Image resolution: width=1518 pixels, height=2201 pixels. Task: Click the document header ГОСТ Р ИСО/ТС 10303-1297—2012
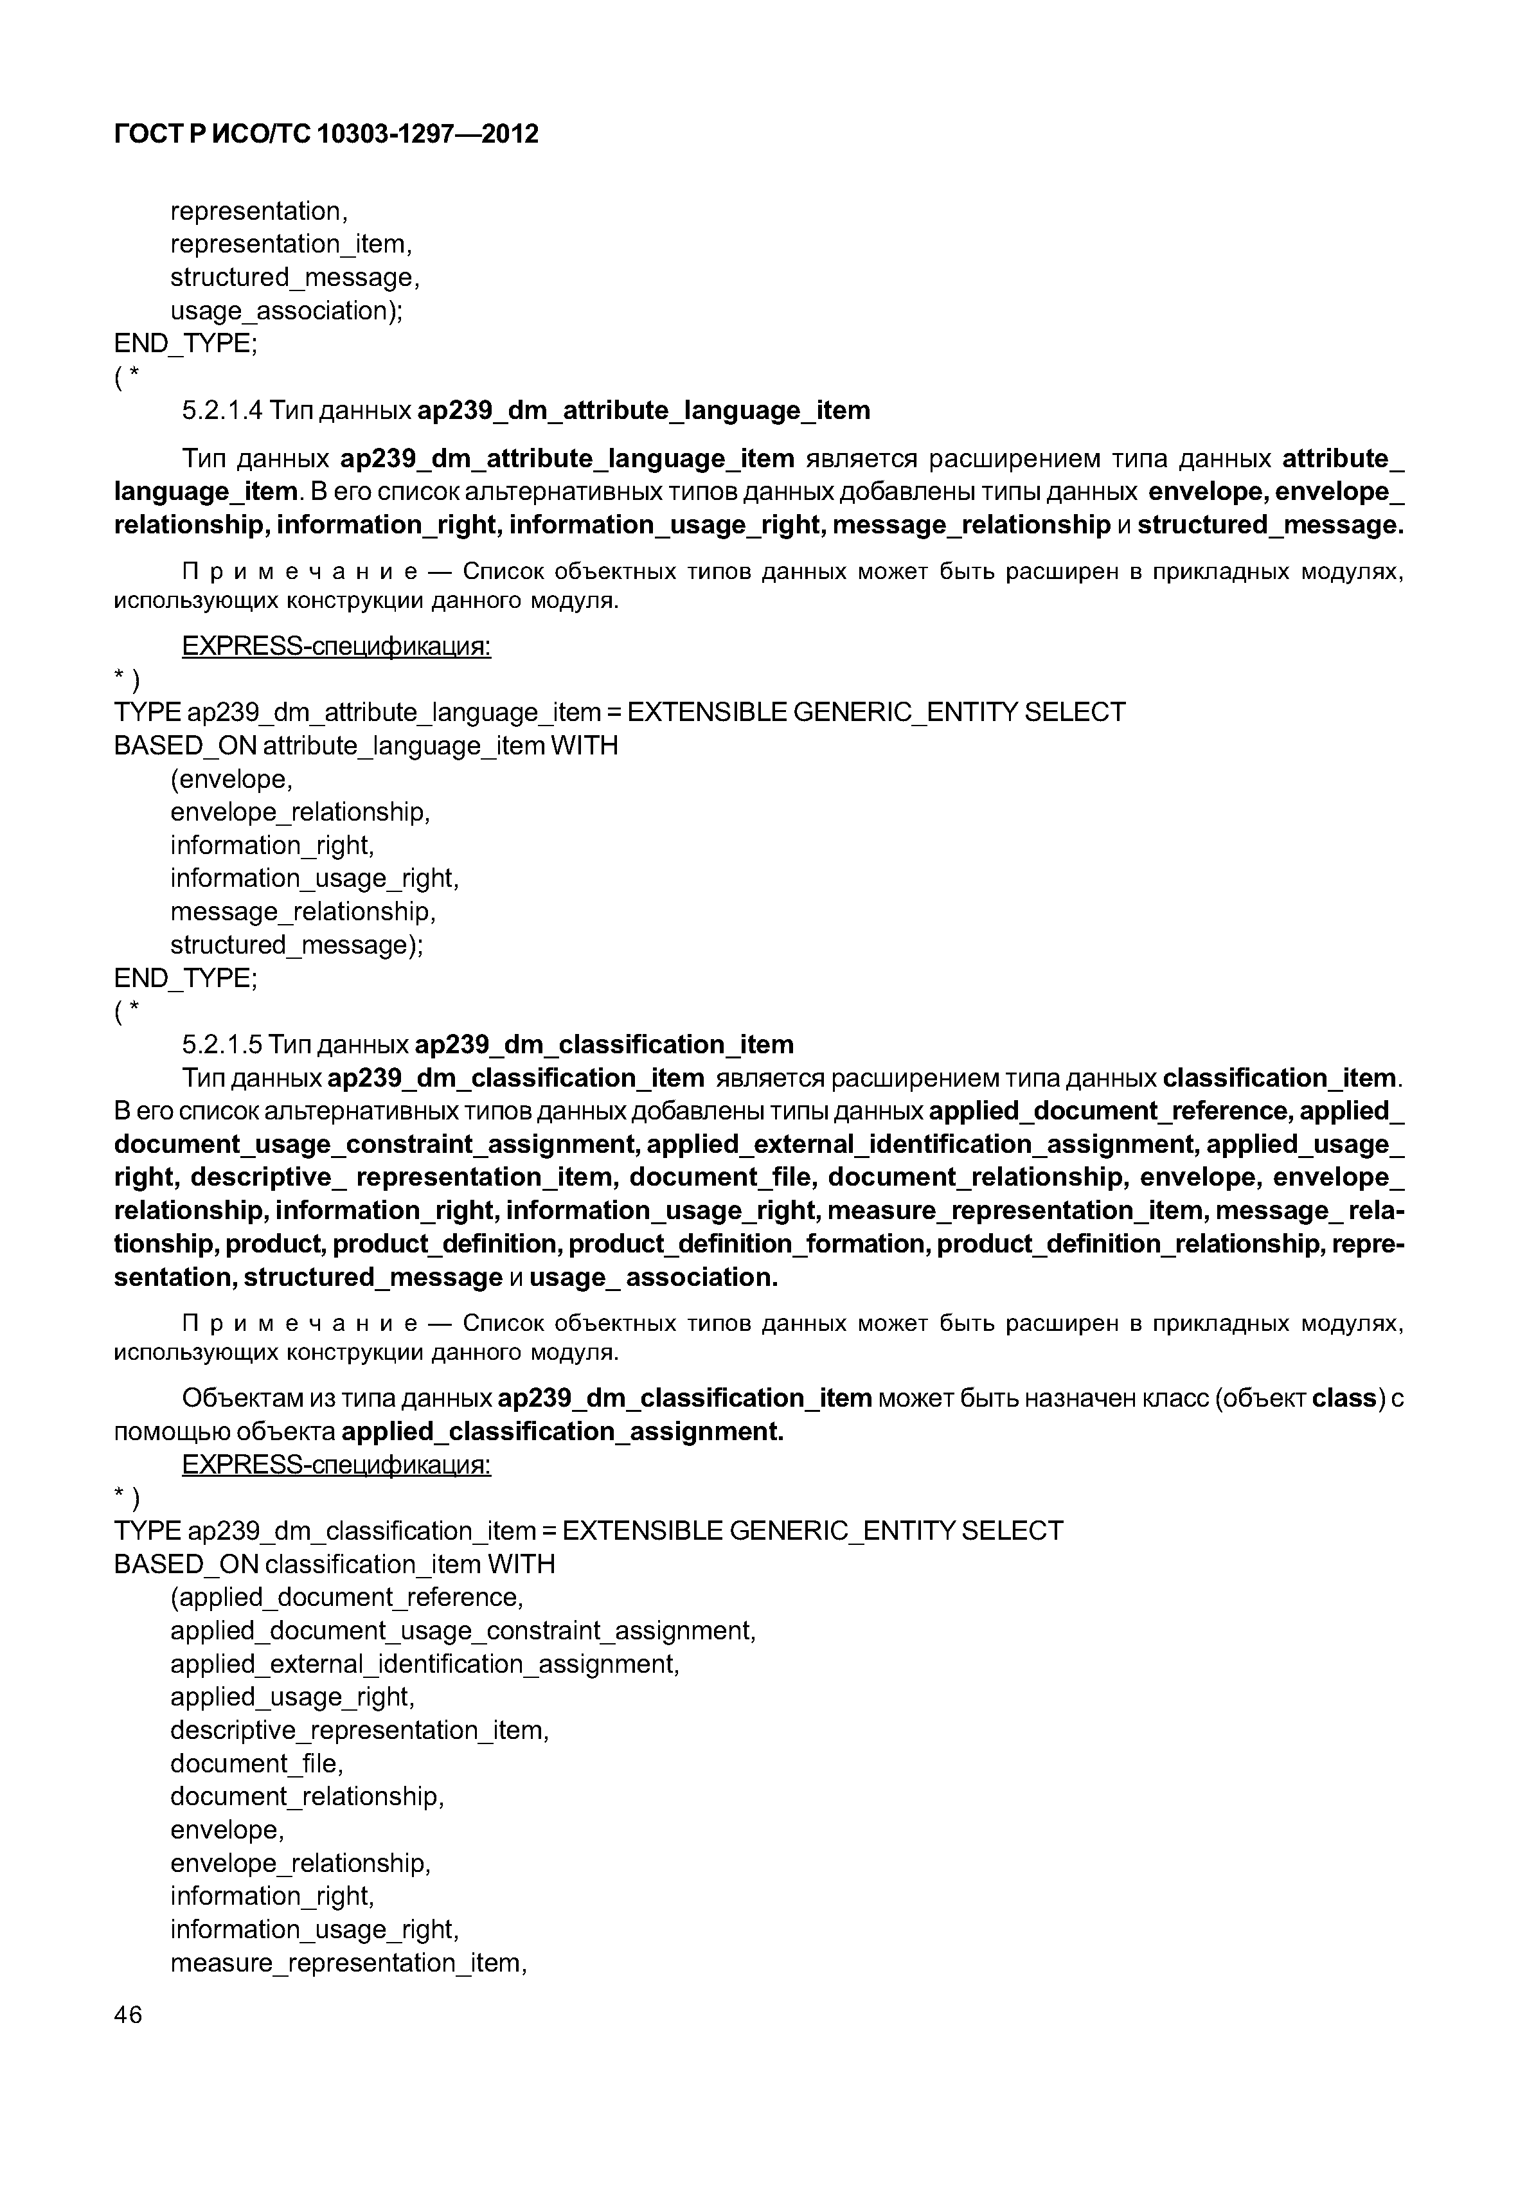click(x=326, y=134)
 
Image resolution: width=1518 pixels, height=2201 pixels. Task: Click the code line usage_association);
click(x=286, y=311)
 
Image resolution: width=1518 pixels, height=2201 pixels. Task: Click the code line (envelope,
click(x=231, y=780)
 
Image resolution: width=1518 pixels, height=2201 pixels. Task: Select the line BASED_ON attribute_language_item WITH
click(x=365, y=747)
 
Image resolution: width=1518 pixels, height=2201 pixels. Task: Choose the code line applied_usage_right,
click(x=292, y=1697)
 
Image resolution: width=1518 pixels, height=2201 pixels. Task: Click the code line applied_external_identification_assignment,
click(x=424, y=1664)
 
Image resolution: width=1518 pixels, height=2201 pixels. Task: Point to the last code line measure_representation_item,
click(x=348, y=1963)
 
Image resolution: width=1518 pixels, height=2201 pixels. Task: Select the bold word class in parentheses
click(x=1344, y=1398)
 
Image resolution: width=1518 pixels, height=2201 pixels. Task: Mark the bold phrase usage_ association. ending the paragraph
click(x=654, y=1278)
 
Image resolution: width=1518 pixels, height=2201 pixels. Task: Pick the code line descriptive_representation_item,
click(x=359, y=1730)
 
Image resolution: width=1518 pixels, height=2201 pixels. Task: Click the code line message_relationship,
click(x=303, y=912)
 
